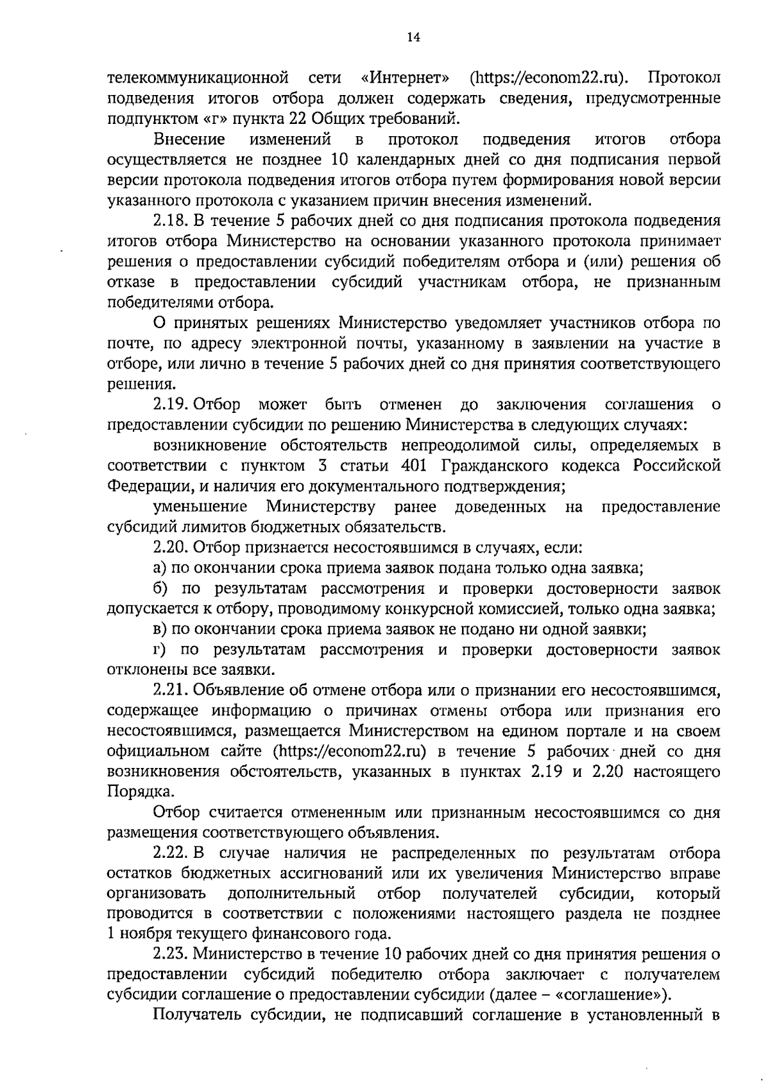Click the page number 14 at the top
(x=413, y=38)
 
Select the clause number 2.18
(x=169, y=221)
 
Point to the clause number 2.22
(x=169, y=853)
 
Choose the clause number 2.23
(x=169, y=955)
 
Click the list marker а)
(x=160, y=568)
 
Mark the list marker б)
(x=160, y=588)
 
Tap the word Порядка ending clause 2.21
(x=131, y=792)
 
